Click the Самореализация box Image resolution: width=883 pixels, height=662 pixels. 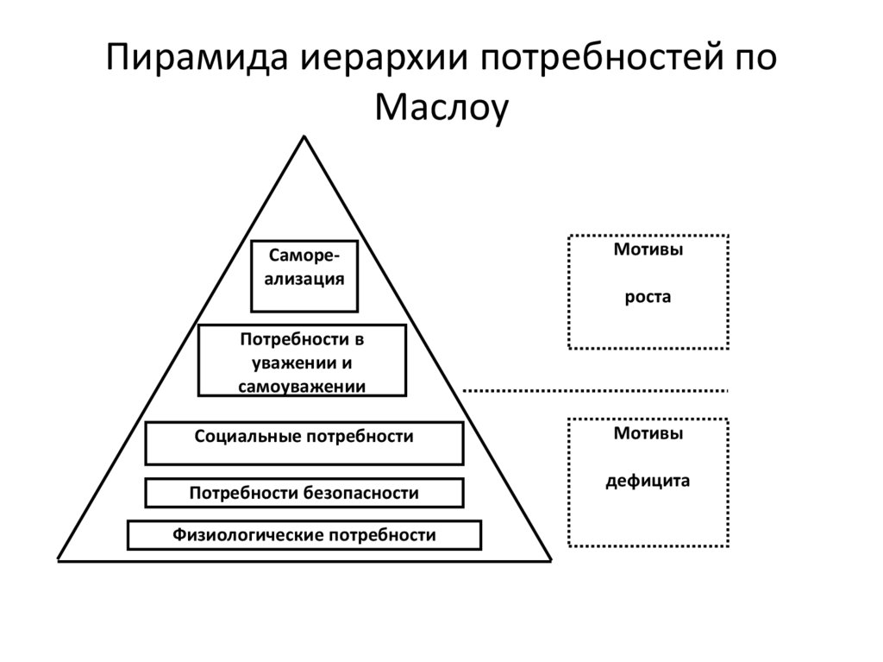click(304, 275)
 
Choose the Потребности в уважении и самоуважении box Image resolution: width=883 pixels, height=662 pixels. click(302, 360)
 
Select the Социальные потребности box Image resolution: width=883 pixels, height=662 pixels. click(304, 443)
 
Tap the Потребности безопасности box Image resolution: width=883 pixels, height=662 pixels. click(304, 493)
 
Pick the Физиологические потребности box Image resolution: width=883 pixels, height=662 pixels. click(304, 535)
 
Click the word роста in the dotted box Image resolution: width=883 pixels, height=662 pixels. click(648, 298)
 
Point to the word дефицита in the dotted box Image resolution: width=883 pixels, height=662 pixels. click(648, 481)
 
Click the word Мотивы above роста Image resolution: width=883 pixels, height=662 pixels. click(648, 250)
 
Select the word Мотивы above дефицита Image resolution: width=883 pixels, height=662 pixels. click(648, 434)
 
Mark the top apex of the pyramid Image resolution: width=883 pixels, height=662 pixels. click(304, 137)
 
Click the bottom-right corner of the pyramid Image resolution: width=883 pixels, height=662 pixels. click(550, 559)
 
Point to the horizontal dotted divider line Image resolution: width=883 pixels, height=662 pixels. click(595, 390)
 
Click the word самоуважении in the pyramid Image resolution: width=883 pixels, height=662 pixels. click(302, 386)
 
